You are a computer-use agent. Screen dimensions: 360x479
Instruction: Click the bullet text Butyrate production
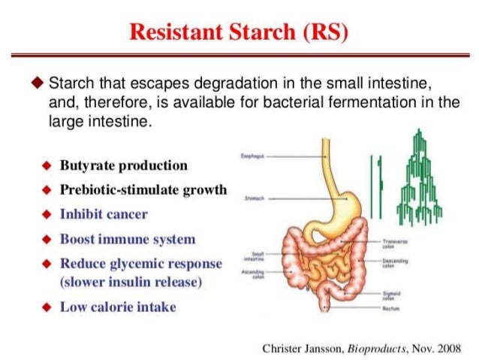pyautogui.click(x=124, y=165)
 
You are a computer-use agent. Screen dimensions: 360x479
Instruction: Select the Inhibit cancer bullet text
pyautogui.click(x=104, y=214)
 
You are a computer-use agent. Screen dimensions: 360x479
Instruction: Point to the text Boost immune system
pyautogui.click(x=127, y=239)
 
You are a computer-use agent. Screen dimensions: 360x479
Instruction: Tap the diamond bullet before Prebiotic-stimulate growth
pyautogui.click(x=47, y=190)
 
